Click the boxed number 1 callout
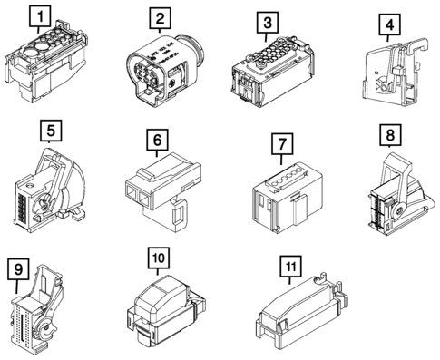(x=40, y=15)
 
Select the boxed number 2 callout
(x=160, y=18)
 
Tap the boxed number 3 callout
(x=268, y=23)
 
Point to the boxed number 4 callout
(x=390, y=25)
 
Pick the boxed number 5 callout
(x=51, y=131)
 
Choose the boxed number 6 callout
(x=157, y=140)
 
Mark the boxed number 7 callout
(x=282, y=144)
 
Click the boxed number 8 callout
(x=390, y=134)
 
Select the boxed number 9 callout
(x=18, y=268)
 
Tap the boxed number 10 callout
(x=159, y=258)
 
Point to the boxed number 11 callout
(x=291, y=267)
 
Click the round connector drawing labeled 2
(x=165, y=70)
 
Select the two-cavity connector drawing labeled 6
(x=163, y=191)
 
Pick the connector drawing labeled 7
(x=288, y=198)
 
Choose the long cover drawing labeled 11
(x=302, y=312)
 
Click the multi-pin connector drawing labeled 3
(x=272, y=73)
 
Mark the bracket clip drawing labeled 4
(x=395, y=73)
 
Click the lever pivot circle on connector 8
(x=400, y=210)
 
